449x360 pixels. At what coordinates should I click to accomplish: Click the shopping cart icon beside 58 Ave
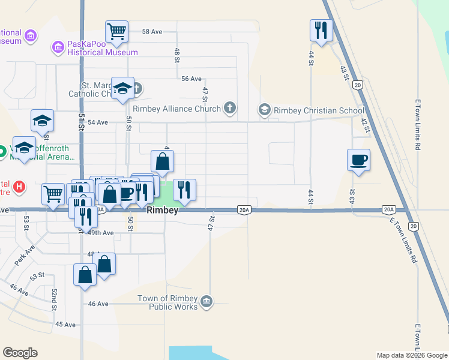(x=116, y=31)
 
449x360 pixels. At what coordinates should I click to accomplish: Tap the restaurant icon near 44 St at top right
(x=321, y=29)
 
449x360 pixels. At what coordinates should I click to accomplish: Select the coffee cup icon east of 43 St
(x=358, y=160)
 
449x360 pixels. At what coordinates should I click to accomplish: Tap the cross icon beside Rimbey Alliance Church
(x=229, y=108)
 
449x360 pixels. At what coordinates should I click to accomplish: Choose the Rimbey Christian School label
(x=319, y=110)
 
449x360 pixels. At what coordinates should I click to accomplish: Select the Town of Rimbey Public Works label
(x=167, y=302)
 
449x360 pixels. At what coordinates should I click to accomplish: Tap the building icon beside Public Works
(x=206, y=301)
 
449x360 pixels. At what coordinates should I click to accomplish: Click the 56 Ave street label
(x=191, y=79)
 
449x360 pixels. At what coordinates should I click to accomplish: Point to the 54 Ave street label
(x=97, y=122)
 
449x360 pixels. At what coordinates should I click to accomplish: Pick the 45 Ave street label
(x=65, y=324)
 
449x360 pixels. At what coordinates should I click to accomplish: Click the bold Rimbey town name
(x=162, y=211)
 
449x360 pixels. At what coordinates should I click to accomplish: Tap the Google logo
(x=20, y=353)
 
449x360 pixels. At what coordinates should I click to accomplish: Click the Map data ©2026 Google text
(x=411, y=355)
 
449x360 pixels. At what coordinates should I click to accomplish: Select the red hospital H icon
(x=19, y=187)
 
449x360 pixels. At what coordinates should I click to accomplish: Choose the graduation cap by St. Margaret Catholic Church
(x=122, y=88)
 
